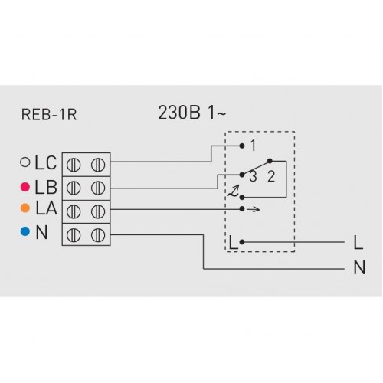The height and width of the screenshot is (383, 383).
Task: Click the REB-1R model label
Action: [49, 115]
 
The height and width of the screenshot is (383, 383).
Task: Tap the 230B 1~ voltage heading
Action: [192, 113]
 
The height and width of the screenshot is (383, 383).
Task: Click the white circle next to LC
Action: [25, 162]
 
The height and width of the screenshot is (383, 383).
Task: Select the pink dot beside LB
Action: [25, 187]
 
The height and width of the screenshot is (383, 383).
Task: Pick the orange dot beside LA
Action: [25, 208]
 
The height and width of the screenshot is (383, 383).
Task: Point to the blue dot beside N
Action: [25, 231]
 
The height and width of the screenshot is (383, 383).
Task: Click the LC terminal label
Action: [46, 162]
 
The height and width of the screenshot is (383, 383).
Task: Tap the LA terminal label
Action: [46, 208]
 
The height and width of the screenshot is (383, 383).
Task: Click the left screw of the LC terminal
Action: [74, 165]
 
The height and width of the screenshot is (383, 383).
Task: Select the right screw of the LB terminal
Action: [98, 188]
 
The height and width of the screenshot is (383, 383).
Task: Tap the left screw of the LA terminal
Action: [74, 211]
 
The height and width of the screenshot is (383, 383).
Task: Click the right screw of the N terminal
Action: [98, 235]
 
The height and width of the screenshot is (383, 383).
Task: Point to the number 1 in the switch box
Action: [253, 146]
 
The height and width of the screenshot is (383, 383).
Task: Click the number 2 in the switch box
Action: [271, 176]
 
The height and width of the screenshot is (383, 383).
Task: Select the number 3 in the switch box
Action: [253, 176]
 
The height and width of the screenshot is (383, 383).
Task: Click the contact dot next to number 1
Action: [242, 146]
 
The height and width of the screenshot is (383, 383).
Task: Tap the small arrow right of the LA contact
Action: [254, 209]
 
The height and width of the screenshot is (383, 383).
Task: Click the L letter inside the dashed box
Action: [234, 242]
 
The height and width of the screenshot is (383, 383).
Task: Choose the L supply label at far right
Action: [358, 242]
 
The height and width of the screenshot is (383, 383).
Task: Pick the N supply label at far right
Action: [359, 267]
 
